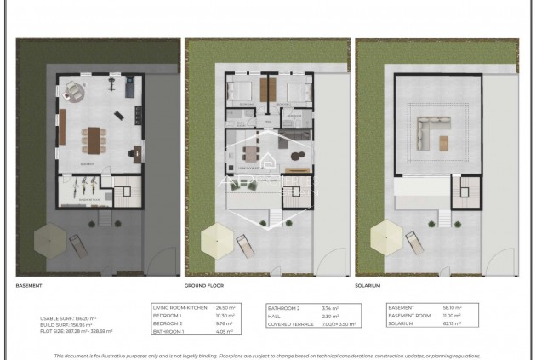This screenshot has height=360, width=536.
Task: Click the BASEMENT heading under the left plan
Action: click(x=31, y=287)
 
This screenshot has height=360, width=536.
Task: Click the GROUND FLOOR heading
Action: click(x=205, y=287)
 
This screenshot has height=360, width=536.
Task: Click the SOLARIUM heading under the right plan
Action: click(x=372, y=287)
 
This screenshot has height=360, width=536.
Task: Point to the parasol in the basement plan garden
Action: click(x=48, y=243)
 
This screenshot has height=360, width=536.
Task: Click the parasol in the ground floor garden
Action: click(x=216, y=243)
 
